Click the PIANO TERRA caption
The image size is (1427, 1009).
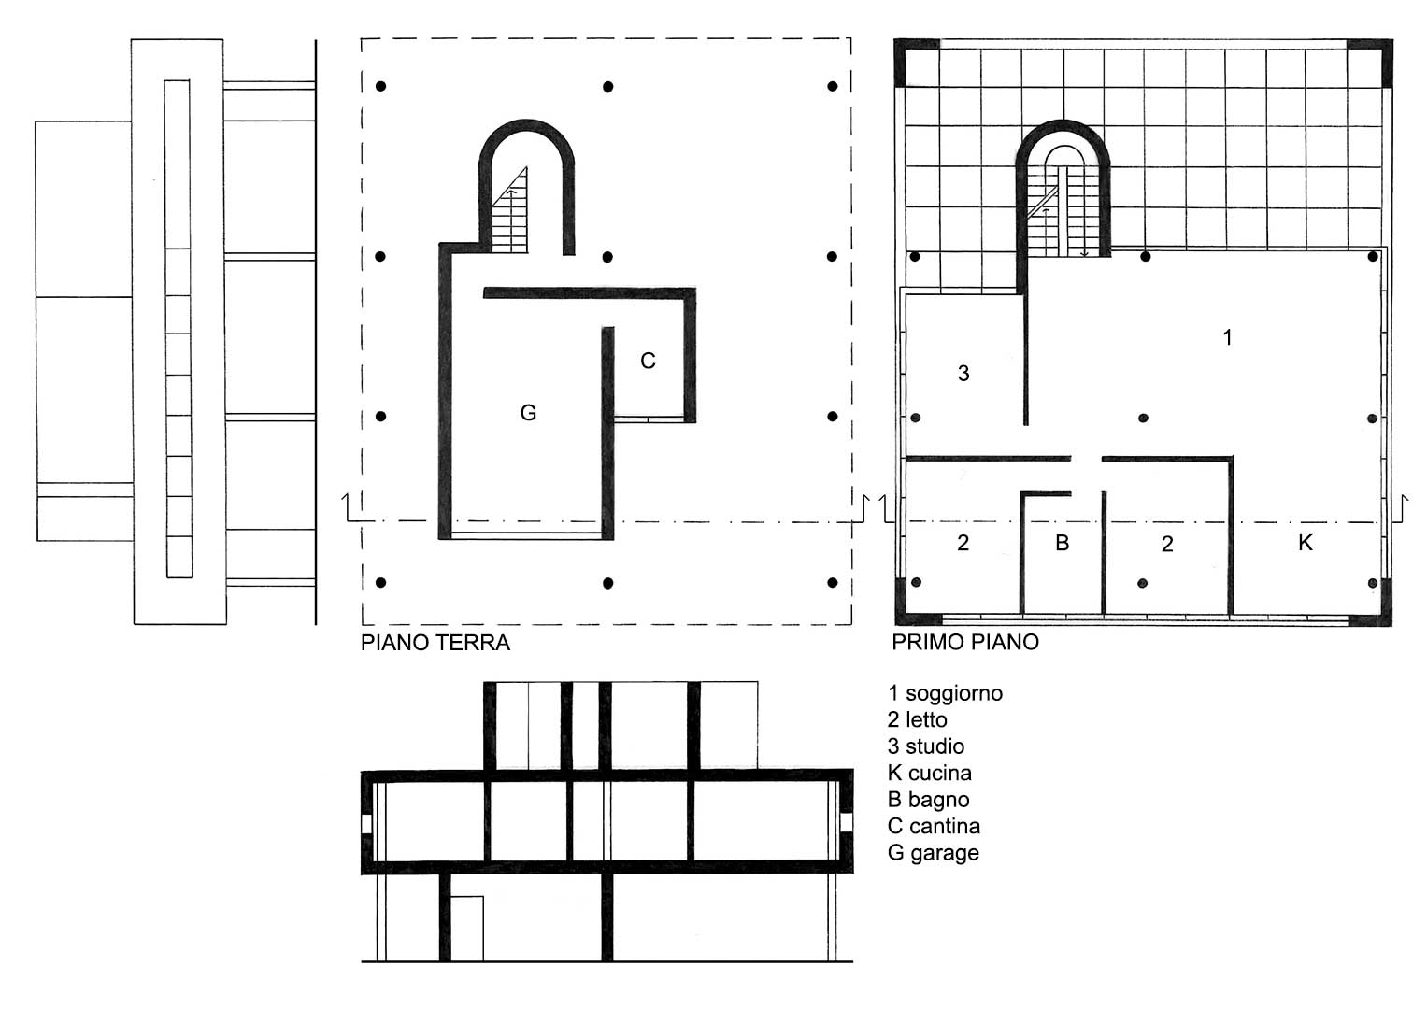(x=435, y=642)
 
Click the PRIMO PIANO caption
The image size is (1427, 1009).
(x=965, y=642)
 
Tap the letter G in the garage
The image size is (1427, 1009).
(x=528, y=413)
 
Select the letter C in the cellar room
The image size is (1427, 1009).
(x=648, y=362)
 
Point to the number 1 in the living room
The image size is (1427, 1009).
(x=1228, y=337)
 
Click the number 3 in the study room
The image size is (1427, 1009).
(x=963, y=374)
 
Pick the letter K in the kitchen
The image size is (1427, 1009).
(x=1306, y=543)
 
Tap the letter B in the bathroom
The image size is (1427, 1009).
(x=1062, y=543)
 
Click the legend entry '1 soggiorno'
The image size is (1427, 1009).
(x=946, y=693)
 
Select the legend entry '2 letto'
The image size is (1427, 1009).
(x=918, y=719)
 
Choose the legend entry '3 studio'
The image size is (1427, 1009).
(x=926, y=746)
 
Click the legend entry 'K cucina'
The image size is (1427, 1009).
(x=930, y=774)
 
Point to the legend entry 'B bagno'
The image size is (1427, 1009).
(x=929, y=800)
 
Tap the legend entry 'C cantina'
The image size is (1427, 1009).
(x=934, y=826)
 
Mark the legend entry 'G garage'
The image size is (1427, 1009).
(x=934, y=853)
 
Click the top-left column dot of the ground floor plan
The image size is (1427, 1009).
(x=381, y=86)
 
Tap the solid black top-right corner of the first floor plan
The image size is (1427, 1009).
(x=1371, y=62)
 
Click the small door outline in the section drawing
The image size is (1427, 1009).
(x=467, y=928)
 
